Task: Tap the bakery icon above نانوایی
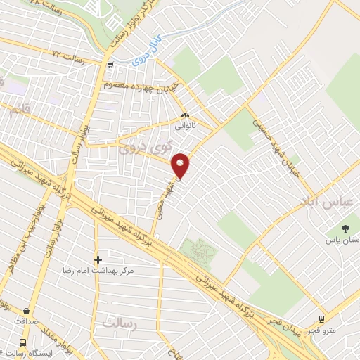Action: click(185, 116)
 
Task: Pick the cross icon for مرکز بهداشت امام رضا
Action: click(98, 259)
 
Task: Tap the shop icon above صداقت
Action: click(27, 311)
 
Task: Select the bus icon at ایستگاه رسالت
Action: click(23, 342)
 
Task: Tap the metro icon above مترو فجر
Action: click(321, 319)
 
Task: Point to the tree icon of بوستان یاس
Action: click(345, 228)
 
